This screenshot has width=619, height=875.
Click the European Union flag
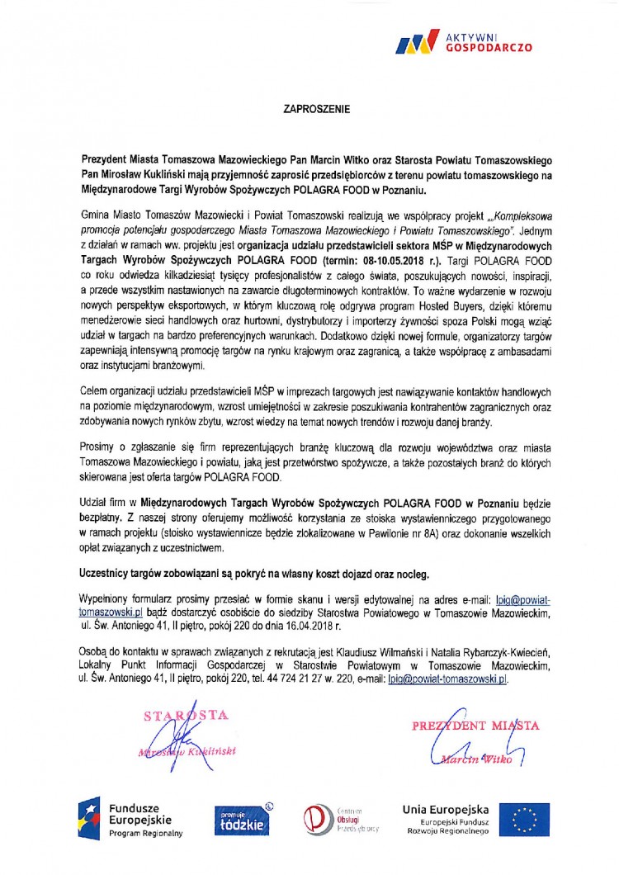[x=524, y=820]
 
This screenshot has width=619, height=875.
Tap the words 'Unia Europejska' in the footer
[x=447, y=809]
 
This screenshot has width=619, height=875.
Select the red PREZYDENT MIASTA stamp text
[x=477, y=726]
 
